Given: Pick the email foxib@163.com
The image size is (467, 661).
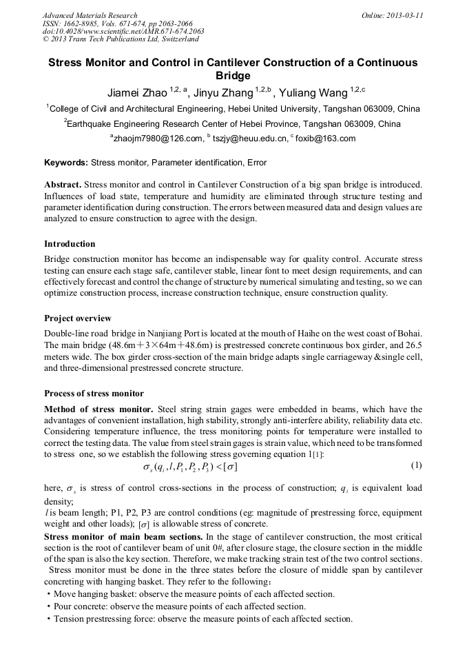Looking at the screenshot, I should (325, 139).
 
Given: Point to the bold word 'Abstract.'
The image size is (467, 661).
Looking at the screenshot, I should (63, 186).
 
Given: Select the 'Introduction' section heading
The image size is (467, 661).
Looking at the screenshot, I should (70, 244).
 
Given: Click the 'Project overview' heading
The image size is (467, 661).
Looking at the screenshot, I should (77, 318).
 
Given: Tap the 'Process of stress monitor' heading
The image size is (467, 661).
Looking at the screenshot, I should (94, 394).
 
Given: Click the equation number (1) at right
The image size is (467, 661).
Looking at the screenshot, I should (415, 465).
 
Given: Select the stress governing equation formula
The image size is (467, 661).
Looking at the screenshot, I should (190, 467).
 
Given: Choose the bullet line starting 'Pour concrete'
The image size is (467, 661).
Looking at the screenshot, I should (178, 607).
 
